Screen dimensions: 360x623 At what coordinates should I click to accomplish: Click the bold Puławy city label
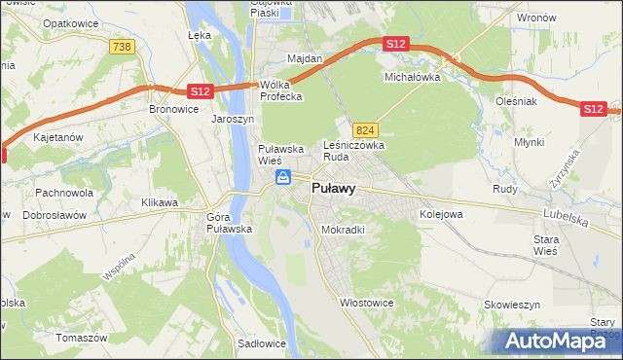click(332, 189)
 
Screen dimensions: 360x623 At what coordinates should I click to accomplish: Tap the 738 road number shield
click(122, 47)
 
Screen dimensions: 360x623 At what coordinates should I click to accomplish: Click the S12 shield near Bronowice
click(199, 90)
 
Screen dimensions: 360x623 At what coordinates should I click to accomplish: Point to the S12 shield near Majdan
click(394, 45)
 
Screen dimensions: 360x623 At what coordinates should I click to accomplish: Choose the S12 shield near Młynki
click(594, 109)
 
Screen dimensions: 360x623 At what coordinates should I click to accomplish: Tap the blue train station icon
click(283, 176)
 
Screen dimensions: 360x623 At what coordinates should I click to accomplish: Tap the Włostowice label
click(366, 303)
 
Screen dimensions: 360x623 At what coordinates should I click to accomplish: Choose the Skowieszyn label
click(511, 305)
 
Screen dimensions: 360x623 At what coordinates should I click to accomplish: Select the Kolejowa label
click(440, 213)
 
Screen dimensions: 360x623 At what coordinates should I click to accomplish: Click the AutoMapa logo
click(558, 341)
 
